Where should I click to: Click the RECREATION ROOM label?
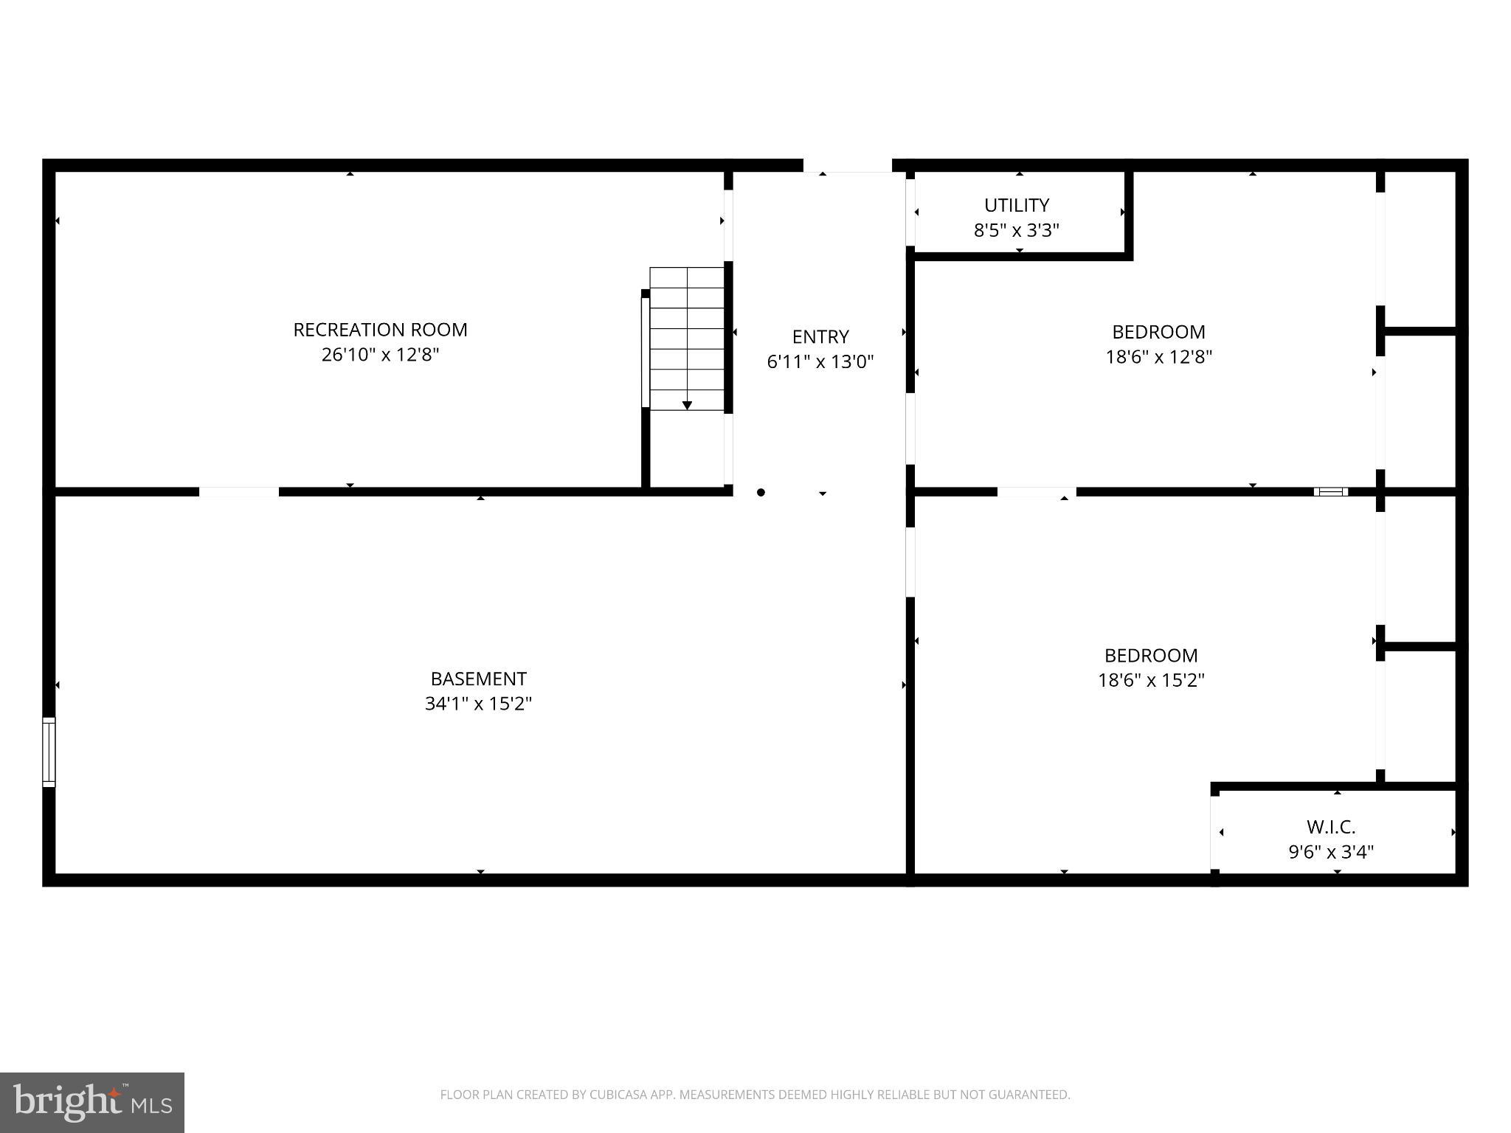click(380, 330)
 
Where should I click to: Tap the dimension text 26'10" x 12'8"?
click(380, 355)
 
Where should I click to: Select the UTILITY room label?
click(1016, 205)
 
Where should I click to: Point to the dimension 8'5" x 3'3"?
click(1016, 230)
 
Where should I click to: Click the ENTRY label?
click(820, 337)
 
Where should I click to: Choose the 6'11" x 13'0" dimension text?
click(820, 362)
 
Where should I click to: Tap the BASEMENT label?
click(478, 679)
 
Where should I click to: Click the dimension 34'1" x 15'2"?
click(478, 704)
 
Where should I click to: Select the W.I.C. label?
click(1331, 827)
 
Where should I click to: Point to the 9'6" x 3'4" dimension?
click(1331, 852)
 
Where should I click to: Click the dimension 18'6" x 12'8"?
click(1158, 357)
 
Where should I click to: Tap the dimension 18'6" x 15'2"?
click(1151, 680)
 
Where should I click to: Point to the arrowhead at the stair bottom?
click(687, 405)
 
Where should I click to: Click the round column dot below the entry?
click(761, 492)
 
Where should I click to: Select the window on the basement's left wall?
click(49, 752)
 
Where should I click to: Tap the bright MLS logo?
click(92, 1102)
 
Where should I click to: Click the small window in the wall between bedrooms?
click(1330, 491)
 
